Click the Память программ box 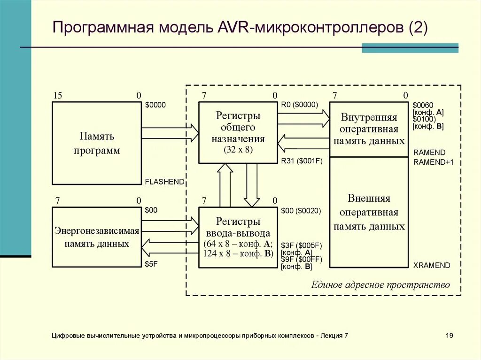click(97, 143)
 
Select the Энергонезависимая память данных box click(97, 237)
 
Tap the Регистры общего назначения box click(238, 132)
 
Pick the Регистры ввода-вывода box click(238, 237)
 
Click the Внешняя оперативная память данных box click(369, 212)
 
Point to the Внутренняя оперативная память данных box click(369, 129)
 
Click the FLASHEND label click(164, 182)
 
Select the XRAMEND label click(432, 266)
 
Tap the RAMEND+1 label click(433, 162)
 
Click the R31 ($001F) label click(302, 161)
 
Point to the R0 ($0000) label click(300, 105)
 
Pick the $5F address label click(151, 264)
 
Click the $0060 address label click(423, 106)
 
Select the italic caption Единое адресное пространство click(380, 285)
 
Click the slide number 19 click(450, 336)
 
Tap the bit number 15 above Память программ click(58, 96)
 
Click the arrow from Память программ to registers click(170, 133)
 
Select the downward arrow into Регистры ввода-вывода click(252, 185)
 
